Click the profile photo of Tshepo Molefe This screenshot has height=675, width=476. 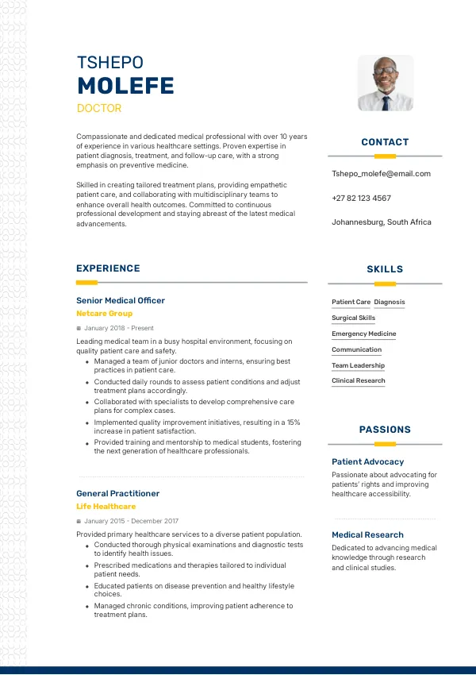pyautogui.click(x=386, y=83)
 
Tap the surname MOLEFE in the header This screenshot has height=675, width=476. pyautogui.click(x=125, y=87)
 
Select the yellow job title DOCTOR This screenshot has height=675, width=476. pyautogui.click(x=99, y=108)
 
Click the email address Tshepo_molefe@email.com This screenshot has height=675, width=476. pyautogui.click(x=381, y=173)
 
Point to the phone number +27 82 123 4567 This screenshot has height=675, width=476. pyautogui.click(x=361, y=198)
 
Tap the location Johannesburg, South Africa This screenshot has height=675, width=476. pyautogui.click(x=382, y=222)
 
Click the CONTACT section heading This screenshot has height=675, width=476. pyautogui.click(x=385, y=142)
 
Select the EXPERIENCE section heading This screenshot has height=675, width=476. pyautogui.click(x=108, y=268)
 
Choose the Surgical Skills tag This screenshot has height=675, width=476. pyautogui.click(x=354, y=318)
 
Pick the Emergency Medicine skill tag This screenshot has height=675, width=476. pyautogui.click(x=364, y=334)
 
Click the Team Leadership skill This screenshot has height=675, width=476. pyautogui.click(x=358, y=365)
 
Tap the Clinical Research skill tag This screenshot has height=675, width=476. pyautogui.click(x=359, y=381)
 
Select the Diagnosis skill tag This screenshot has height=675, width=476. pyautogui.click(x=390, y=302)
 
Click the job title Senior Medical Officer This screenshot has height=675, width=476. pyautogui.click(x=121, y=300)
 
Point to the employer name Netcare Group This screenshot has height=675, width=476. pyautogui.click(x=105, y=314)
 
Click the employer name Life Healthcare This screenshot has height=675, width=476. pyautogui.click(x=106, y=507)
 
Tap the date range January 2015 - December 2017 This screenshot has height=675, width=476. pyautogui.click(x=131, y=521)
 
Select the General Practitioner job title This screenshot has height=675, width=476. pyautogui.click(x=118, y=493)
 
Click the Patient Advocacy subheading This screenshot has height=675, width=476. pyautogui.click(x=367, y=461)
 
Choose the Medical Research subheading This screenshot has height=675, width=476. pyautogui.click(x=367, y=534)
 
